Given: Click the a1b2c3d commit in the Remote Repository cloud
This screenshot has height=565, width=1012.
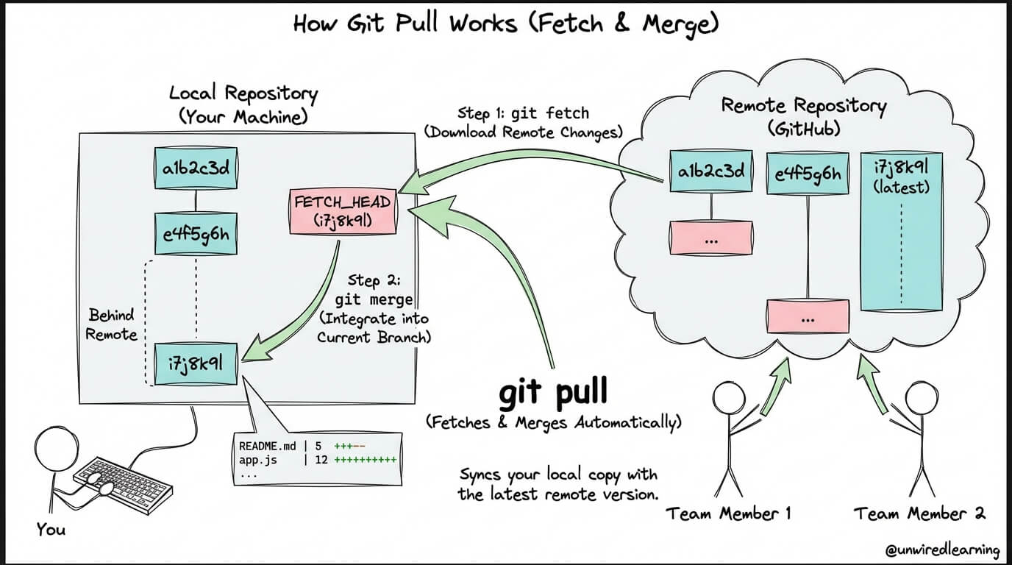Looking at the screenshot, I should pyautogui.click(x=711, y=172).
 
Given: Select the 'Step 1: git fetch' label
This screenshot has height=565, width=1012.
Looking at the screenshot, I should pyautogui.click(x=523, y=113).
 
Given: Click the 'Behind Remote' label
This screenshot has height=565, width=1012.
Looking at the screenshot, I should pyautogui.click(x=112, y=324).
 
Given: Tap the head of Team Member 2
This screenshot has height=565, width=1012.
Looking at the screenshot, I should pyautogui.click(x=919, y=398).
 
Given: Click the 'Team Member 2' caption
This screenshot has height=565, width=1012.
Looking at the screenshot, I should pyautogui.click(x=919, y=514).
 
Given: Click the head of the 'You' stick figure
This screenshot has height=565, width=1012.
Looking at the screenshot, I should pyautogui.click(x=54, y=449).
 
